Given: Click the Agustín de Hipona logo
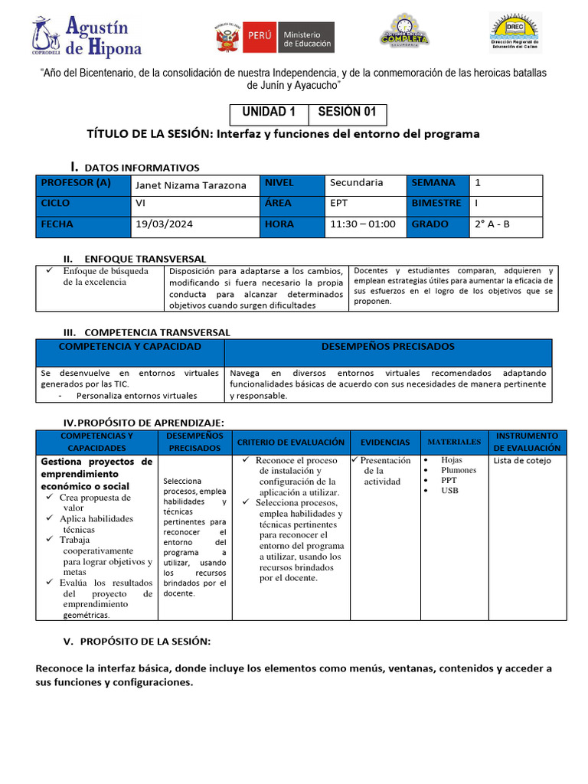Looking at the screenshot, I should [x=87, y=36].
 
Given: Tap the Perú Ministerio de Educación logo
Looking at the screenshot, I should [x=275, y=36].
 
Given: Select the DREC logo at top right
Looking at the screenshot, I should [x=514, y=33].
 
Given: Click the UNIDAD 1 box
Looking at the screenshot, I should [x=269, y=113].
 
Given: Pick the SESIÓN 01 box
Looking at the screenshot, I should [x=347, y=113].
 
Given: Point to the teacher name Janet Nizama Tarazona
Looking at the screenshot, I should [x=191, y=185].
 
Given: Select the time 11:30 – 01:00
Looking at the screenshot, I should [x=363, y=224].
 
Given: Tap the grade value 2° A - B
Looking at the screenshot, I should [x=492, y=224].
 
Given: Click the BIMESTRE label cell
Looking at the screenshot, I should [x=436, y=203].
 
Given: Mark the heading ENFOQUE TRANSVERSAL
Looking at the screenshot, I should [x=145, y=259].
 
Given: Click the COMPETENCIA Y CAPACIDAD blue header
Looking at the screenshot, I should [x=130, y=347].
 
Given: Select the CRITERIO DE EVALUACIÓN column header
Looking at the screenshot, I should [x=291, y=442].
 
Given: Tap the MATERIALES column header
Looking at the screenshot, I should [x=454, y=442].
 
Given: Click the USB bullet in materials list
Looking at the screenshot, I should [x=449, y=490].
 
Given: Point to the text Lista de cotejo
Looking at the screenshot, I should [x=523, y=461].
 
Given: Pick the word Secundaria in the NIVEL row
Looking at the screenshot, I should [x=356, y=182].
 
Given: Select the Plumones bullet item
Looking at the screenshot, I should [x=458, y=470].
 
